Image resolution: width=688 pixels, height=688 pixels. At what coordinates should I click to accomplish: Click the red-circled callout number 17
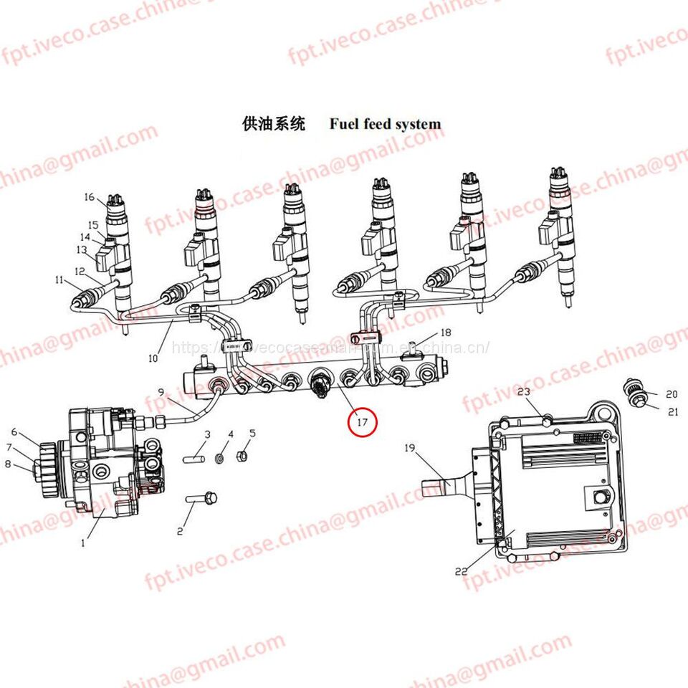pyautogui.click(x=362, y=423)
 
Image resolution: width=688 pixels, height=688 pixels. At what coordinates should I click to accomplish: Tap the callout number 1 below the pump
pyautogui.click(x=82, y=543)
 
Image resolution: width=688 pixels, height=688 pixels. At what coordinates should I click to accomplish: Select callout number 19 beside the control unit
pyautogui.click(x=410, y=449)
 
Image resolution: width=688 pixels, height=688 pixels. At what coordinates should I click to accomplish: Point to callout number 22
pyautogui.click(x=462, y=571)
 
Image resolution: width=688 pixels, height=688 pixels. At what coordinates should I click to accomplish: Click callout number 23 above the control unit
pyautogui.click(x=523, y=392)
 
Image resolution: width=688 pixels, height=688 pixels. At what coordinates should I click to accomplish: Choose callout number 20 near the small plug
pyautogui.click(x=672, y=394)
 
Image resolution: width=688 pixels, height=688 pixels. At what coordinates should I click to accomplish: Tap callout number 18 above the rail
pyautogui.click(x=446, y=333)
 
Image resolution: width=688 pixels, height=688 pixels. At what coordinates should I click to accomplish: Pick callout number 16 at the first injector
pyautogui.click(x=90, y=197)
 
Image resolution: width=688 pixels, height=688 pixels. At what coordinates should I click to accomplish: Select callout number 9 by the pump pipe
pyautogui.click(x=161, y=391)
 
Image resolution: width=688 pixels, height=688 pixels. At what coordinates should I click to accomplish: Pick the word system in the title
pyautogui.click(x=416, y=124)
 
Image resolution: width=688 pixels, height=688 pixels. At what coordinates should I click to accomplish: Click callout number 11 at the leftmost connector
pyautogui.click(x=59, y=280)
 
